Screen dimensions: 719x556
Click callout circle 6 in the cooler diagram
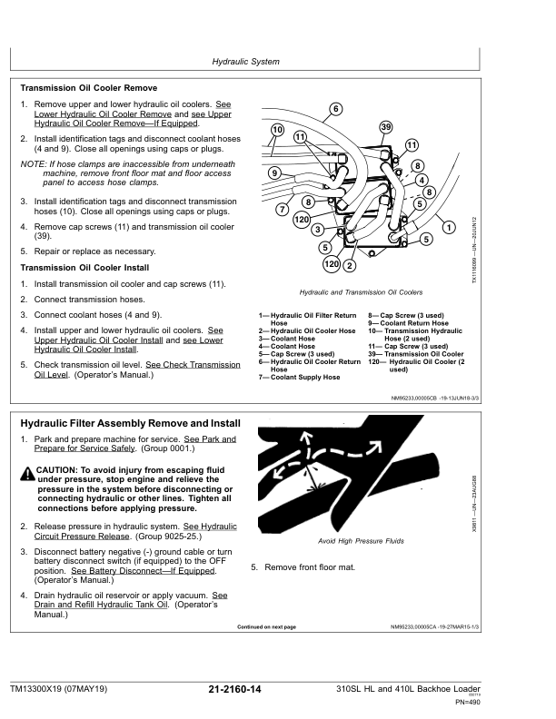(x=336, y=109)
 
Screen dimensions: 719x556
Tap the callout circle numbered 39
(x=386, y=126)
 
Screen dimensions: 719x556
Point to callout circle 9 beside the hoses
(x=274, y=172)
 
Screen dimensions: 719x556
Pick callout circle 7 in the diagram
(x=283, y=210)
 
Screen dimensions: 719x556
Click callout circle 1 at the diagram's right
(x=449, y=227)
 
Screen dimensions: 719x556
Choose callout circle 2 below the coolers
(x=350, y=265)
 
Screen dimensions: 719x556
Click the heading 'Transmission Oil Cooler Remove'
(x=88, y=89)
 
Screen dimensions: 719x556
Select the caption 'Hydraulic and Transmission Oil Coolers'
(x=361, y=293)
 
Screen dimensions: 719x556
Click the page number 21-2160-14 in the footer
(x=234, y=690)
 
